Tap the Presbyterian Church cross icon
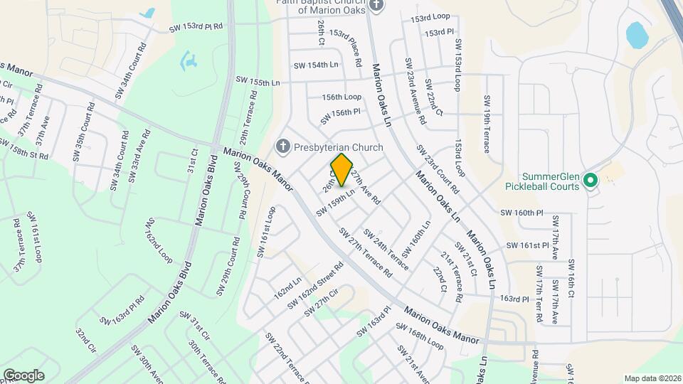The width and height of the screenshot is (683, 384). (x=282, y=147)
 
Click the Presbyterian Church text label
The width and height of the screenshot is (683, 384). (x=338, y=148)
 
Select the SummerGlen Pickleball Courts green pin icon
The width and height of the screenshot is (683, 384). (x=589, y=181)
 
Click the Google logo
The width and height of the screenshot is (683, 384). (x=23, y=375)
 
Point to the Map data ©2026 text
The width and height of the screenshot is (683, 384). (x=652, y=378)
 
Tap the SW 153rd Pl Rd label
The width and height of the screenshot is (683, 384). (x=196, y=27)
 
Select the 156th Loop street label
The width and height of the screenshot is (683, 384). (x=341, y=97)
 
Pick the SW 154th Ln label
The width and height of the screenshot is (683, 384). (x=316, y=65)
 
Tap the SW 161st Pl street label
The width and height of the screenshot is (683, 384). (x=527, y=245)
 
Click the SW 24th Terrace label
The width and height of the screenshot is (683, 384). (x=386, y=249)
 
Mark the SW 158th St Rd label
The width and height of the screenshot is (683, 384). (x=23, y=149)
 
